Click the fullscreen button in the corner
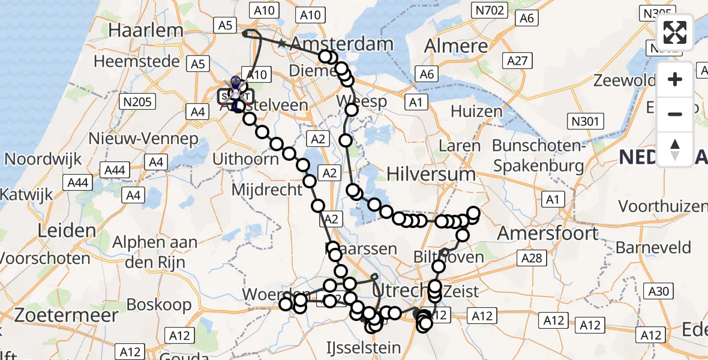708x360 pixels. pos(675,32)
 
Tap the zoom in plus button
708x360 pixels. pos(675,79)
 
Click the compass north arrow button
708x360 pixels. pos(675,148)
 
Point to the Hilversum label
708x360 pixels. pos(431,174)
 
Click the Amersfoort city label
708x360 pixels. pos(548,233)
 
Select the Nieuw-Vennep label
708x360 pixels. pos(143,139)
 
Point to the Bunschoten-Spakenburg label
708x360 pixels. pos(538,155)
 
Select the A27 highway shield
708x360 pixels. pos(517,60)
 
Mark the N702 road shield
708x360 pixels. pos(490,10)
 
